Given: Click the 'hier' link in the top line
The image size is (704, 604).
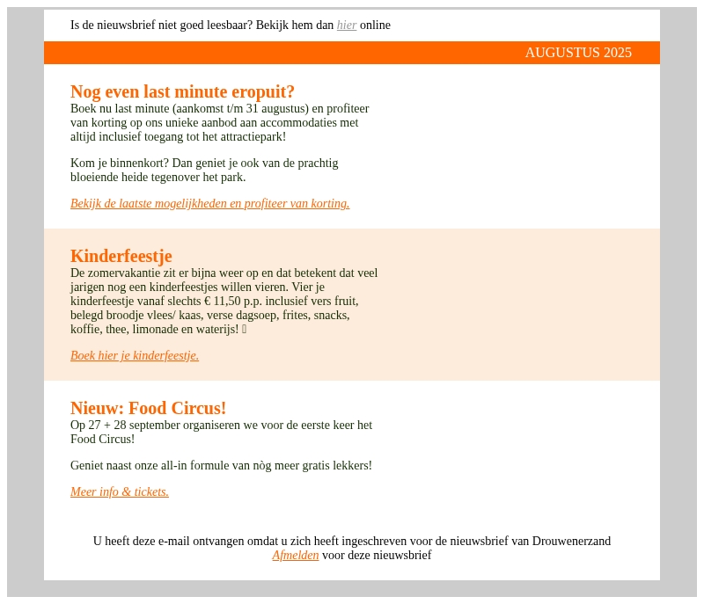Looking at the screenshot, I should [x=347, y=25].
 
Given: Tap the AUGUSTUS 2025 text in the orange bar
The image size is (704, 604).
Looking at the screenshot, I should [x=578, y=53].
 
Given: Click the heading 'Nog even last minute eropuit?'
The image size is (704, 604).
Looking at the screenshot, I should [x=182, y=91].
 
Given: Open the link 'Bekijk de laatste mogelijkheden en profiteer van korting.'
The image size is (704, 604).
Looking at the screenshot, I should [x=209, y=204].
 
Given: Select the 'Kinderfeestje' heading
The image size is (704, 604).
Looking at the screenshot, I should [x=121, y=256].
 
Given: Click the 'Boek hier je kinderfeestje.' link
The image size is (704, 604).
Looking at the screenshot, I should [x=135, y=356].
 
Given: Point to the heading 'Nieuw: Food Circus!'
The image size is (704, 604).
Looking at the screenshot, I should [x=148, y=408].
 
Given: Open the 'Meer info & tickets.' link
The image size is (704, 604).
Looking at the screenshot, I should [x=120, y=492].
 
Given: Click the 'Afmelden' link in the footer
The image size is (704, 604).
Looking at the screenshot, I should [x=295, y=556].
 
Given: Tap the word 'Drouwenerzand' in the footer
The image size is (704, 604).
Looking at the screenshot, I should [x=571, y=542].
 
